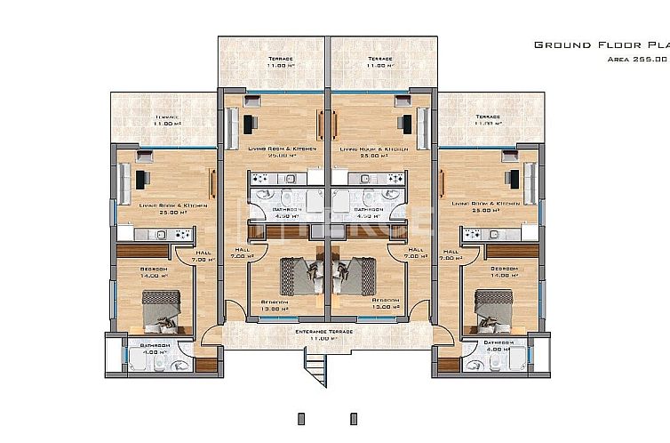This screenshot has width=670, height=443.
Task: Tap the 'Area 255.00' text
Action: [635, 59]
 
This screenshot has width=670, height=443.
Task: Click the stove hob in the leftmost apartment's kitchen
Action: [183, 235]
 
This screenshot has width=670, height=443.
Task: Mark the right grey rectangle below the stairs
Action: [354, 417]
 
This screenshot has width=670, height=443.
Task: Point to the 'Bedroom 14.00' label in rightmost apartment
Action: [504, 270]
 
